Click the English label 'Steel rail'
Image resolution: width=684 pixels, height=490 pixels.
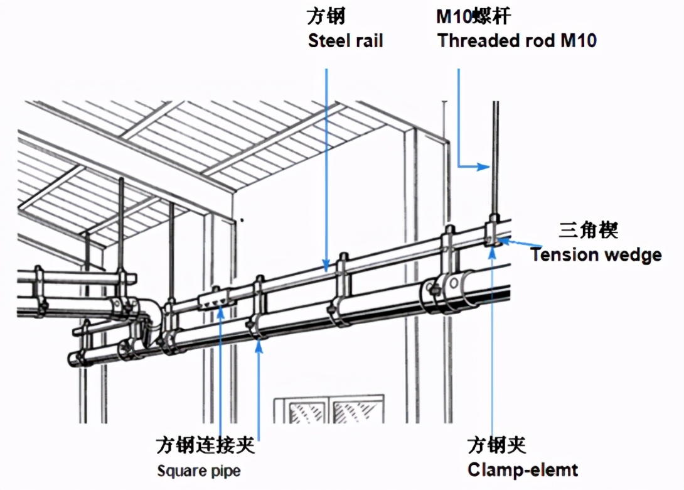pos(345,41)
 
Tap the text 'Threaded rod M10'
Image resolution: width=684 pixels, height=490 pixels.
pos(516,41)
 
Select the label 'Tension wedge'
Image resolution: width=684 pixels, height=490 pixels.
pos(596,255)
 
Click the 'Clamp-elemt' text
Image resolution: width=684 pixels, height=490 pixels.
pos(523,469)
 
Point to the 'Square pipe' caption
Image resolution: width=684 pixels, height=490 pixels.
pos(198,471)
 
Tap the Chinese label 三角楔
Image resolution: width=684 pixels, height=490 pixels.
pos(589,231)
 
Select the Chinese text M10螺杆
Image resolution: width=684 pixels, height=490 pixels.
pos(476,16)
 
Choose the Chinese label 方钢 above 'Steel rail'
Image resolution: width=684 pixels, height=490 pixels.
pos(326,16)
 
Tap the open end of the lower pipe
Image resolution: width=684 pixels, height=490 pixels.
pos(74,359)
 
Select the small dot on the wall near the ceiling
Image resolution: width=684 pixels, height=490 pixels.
pos(241,219)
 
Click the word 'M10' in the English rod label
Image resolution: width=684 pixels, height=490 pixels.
pos(577,41)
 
